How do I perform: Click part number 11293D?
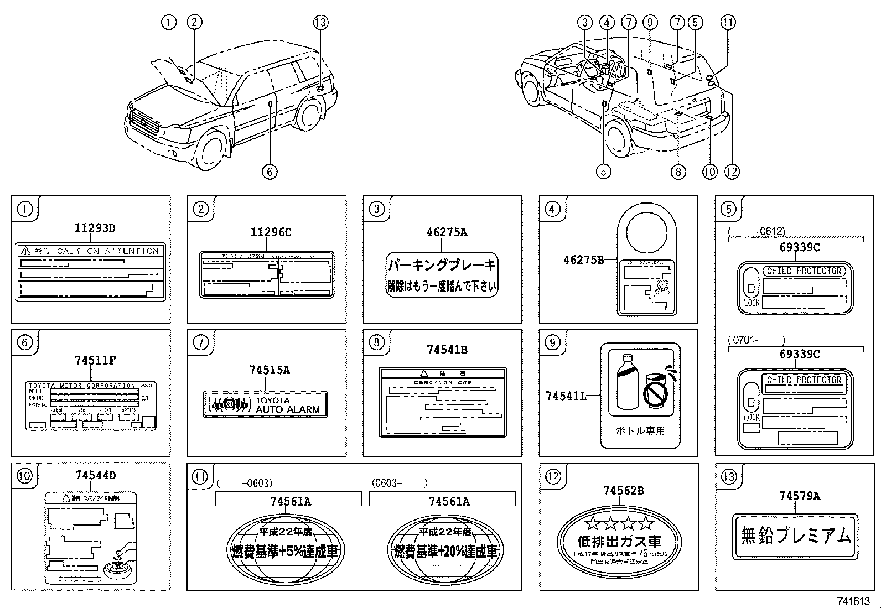(95, 227)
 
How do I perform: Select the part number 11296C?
(271, 232)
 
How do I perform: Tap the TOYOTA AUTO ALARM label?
(266, 404)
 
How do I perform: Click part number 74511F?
(95, 360)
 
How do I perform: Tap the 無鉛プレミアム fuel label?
(795, 536)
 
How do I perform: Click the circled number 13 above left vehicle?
(320, 22)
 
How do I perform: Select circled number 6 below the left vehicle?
(270, 172)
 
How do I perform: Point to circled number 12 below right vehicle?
(732, 172)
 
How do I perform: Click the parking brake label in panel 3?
(442, 275)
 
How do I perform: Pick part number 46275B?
(583, 259)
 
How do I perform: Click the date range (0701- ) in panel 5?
(757, 340)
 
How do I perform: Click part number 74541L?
(566, 396)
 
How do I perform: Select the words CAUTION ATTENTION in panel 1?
(108, 251)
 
